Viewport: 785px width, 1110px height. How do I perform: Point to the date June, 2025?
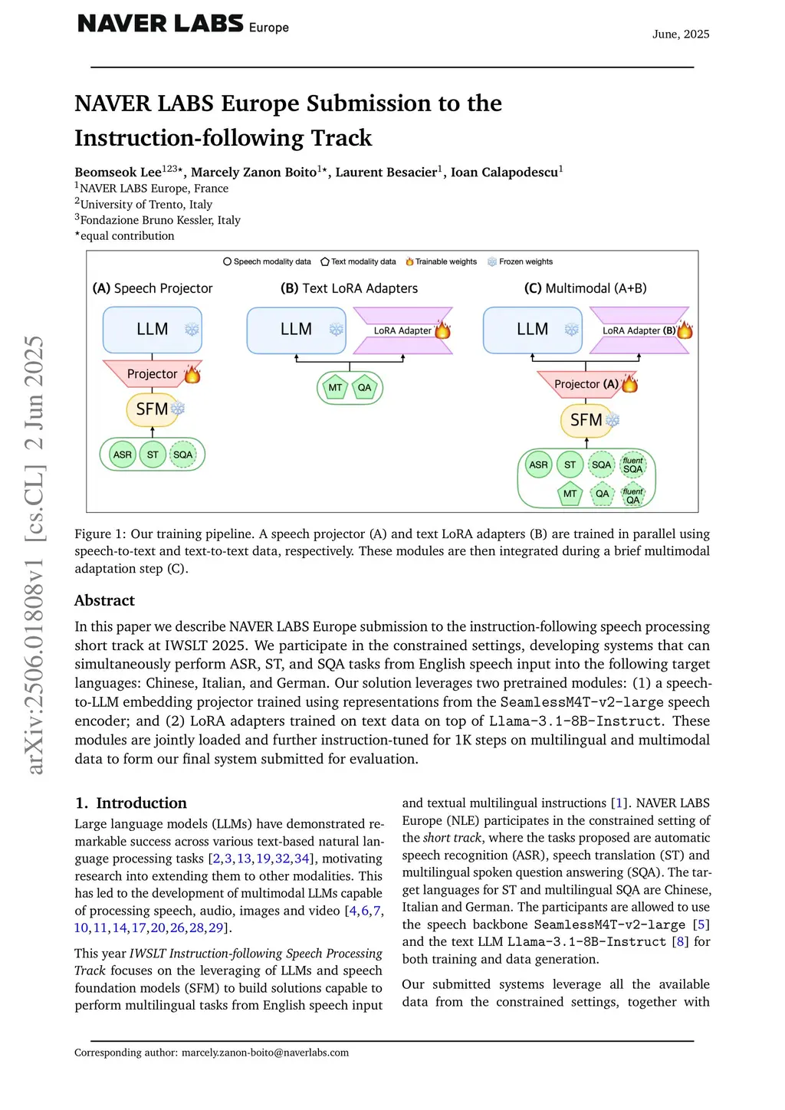(x=680, y=34)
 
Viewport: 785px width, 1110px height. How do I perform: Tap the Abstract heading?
(x=104, y=600)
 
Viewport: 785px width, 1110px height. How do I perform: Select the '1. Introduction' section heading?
(x=131, y=803)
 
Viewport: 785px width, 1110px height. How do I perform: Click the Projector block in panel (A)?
(x=152, y=373)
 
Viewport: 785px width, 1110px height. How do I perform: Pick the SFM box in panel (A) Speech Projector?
(x=152, y=409)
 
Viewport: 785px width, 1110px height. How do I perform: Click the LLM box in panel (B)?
(x=296, y=330)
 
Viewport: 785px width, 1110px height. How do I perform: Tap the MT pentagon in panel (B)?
(x=335, y=388)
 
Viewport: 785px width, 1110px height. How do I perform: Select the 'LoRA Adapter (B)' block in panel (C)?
(x=639, y=330)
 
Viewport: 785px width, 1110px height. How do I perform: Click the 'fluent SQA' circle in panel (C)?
(x=632, y=465)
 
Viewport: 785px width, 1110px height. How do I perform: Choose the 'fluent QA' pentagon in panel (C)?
(x=632, y=495)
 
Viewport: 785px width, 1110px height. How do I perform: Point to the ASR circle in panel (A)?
(x=123, y=455)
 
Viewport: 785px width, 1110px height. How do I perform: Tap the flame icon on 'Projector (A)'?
(x=629, y=383)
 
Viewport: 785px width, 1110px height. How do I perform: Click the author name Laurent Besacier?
(x=386, y=172)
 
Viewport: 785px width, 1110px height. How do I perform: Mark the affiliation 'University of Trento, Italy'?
(x=146, y=205)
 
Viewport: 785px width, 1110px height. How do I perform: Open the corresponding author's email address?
(x=264, y=1053)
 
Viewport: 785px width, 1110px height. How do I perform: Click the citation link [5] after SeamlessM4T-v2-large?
(x=701, y=924)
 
